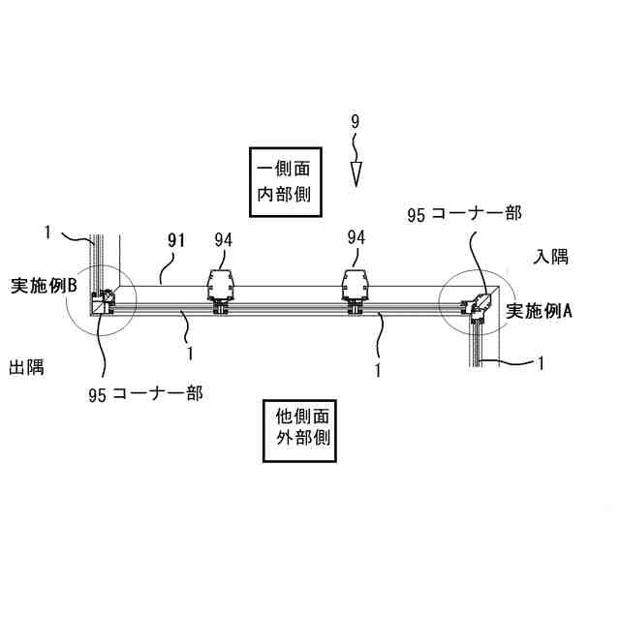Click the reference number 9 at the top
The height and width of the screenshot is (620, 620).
(x=355, y=123)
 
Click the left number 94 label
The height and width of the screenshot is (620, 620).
(x=224, y=237)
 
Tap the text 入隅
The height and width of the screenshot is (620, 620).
(x=551, y=257)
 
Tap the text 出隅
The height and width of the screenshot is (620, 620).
(x=26, y=368)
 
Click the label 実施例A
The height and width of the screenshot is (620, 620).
(x=541, y=312)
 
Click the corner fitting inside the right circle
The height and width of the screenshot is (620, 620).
(x=479, y=304)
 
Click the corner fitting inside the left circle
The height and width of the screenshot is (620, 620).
(x=102, y=303)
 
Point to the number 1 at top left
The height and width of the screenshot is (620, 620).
(x=46, y=232)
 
